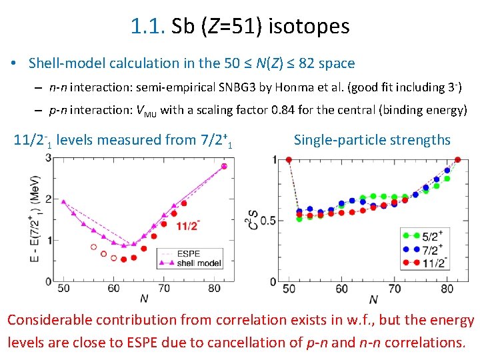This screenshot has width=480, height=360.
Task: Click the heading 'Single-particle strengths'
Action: (x=372, y=140)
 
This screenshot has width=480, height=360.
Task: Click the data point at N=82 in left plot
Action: (x=225, y=166)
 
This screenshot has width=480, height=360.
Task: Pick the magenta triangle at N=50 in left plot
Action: (x=63, y=201)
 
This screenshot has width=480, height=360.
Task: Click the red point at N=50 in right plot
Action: (x=289, y=159)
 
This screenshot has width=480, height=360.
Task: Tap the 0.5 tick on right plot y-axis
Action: (x=269, y=221)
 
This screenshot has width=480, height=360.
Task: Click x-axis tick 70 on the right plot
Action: (x=394, y=289)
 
